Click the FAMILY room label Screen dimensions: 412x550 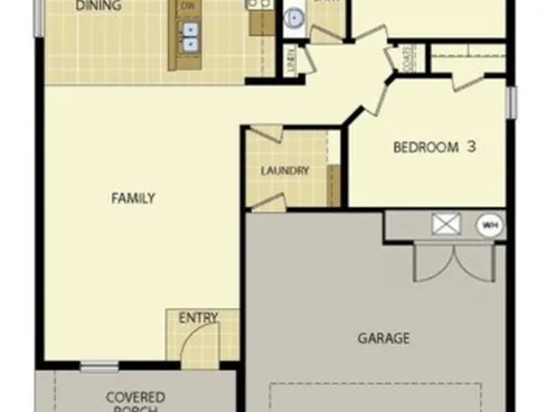pyautogui.click(x=133, y=198)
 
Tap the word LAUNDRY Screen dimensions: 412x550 pyautogui.click(x=284, y=171)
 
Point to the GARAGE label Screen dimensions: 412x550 pyautogui.click(x=383, y=339)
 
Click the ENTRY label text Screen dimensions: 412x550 pyautogui.click(x=198, y=319)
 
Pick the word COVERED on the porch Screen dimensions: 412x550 pyautogui.click(x=135, y=397)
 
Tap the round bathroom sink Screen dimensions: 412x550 pyautogui.click(x=295, y=17)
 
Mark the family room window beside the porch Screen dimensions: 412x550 pyautogui.click(x=99, y=368)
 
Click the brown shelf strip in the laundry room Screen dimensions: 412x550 pyautogui.click(x=334, y=185)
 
